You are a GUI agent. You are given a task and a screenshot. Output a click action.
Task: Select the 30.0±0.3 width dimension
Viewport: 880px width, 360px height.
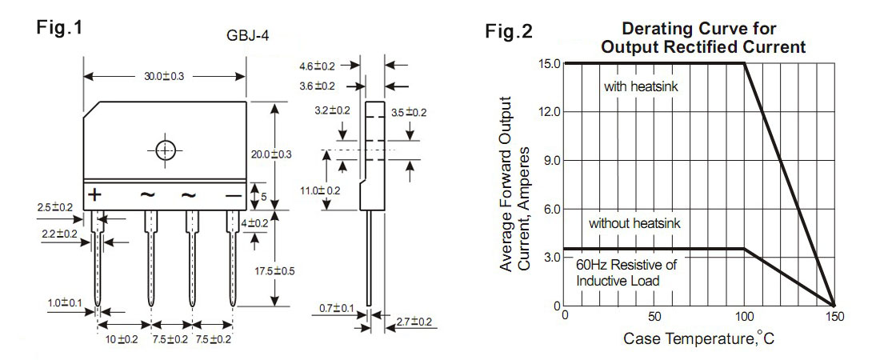[164, 76]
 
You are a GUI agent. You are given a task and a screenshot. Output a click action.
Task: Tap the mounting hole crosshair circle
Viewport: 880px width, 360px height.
[165, 150]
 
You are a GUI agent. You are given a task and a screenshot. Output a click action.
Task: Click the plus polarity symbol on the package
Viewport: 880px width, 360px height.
[94, 194]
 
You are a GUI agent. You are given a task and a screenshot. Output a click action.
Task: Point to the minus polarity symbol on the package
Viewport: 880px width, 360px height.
[233, 194]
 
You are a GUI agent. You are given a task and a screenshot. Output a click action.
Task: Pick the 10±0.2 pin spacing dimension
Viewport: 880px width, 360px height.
[122, 339]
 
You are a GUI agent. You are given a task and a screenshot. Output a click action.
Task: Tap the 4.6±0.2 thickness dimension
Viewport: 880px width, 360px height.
[317, 66]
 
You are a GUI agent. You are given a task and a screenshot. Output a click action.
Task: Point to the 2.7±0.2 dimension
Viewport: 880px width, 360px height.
[414, 322]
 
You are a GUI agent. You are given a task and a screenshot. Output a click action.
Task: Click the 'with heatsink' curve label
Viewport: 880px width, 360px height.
[641, 86]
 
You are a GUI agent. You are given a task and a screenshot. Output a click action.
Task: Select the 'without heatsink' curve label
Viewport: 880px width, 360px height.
[634, 224]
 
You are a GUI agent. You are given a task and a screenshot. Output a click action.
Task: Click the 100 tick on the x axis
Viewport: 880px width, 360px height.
[745, 314]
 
